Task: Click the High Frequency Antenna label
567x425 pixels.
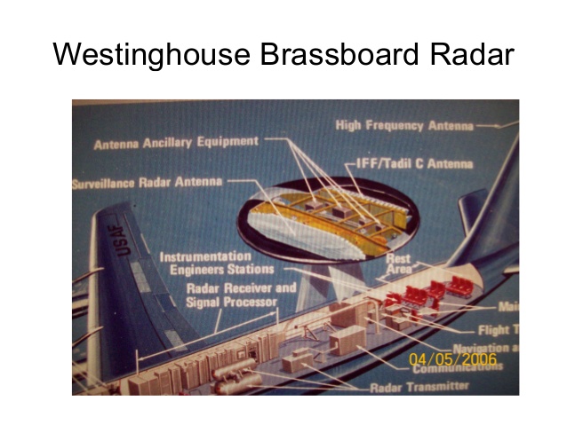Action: [x=404, y=126]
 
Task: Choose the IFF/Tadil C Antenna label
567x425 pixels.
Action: [x=408, y=163]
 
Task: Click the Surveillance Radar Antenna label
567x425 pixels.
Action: [x=148, y=184]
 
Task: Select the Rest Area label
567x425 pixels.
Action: [x=398, y=263]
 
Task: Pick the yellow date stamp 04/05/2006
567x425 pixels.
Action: [x=452, y=359]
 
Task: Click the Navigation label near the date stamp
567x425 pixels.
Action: [x=480, y=348]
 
